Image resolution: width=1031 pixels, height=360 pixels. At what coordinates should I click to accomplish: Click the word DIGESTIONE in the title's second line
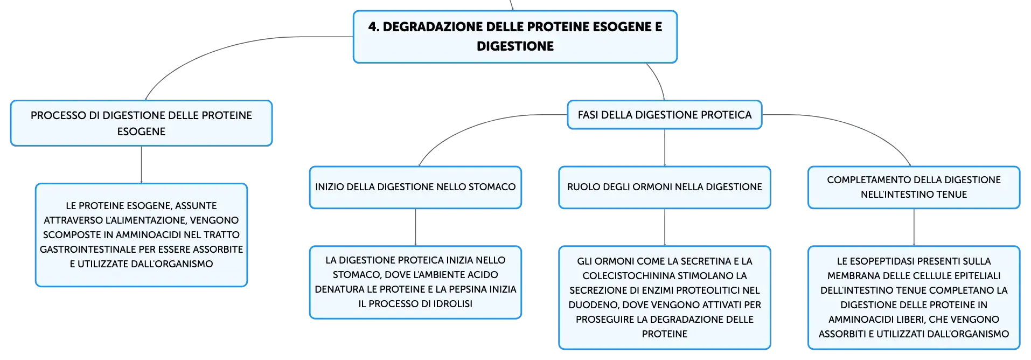[x=515, y=46]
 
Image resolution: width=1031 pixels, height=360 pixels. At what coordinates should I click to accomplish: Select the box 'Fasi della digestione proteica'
[x=665, y=115]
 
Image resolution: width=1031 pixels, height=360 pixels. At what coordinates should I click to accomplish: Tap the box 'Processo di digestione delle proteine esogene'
[x=141, y=123]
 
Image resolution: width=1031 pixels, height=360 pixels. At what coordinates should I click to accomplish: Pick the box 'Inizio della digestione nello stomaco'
[x=415, y=187]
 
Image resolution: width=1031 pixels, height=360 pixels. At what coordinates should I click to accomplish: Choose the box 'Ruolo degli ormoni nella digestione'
[x=665, y=187]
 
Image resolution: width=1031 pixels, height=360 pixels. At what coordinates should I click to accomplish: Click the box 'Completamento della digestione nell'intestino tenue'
[x=914, y=187]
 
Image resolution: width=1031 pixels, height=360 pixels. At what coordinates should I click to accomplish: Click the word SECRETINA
[x=701, y=261]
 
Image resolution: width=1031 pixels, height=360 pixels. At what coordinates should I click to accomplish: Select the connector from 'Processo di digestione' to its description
[x=141, y=165]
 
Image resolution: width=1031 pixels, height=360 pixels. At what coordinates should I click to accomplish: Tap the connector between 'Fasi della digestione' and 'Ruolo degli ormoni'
[x=665, y=148]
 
